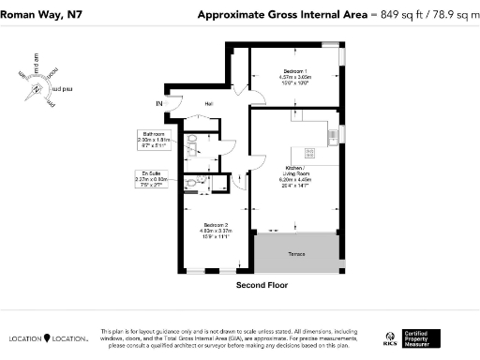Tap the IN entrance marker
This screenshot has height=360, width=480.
coord(159,102)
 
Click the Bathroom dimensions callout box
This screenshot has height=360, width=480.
coord(151,141)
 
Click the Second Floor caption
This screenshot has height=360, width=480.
coord(262,284)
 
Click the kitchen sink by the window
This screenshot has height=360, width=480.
coord(333,135)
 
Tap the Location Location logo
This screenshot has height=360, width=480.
coord(49,337)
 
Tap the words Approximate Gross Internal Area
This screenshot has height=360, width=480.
coord(281,14)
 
